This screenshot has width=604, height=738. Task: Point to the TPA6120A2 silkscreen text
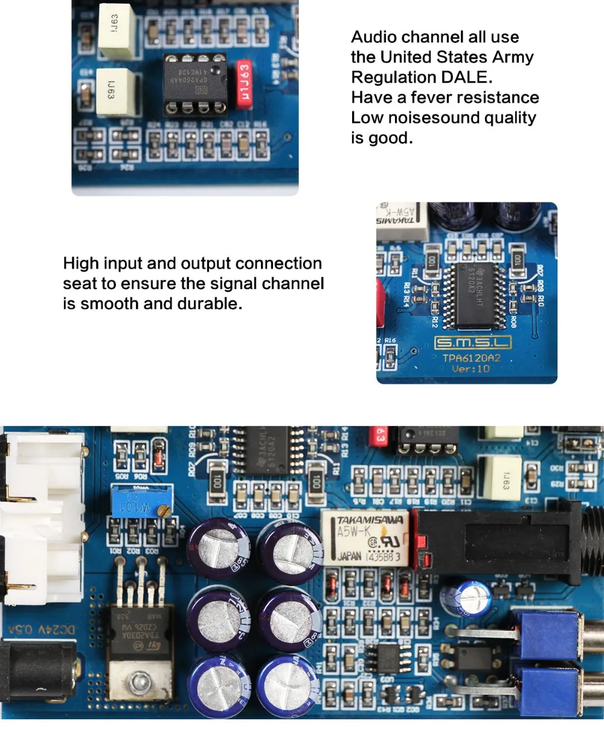[472, 358]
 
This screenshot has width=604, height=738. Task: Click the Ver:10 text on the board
[471, 369]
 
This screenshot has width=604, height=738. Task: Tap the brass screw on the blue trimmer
[162, 511]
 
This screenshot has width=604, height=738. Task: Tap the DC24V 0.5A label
[41, 630]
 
